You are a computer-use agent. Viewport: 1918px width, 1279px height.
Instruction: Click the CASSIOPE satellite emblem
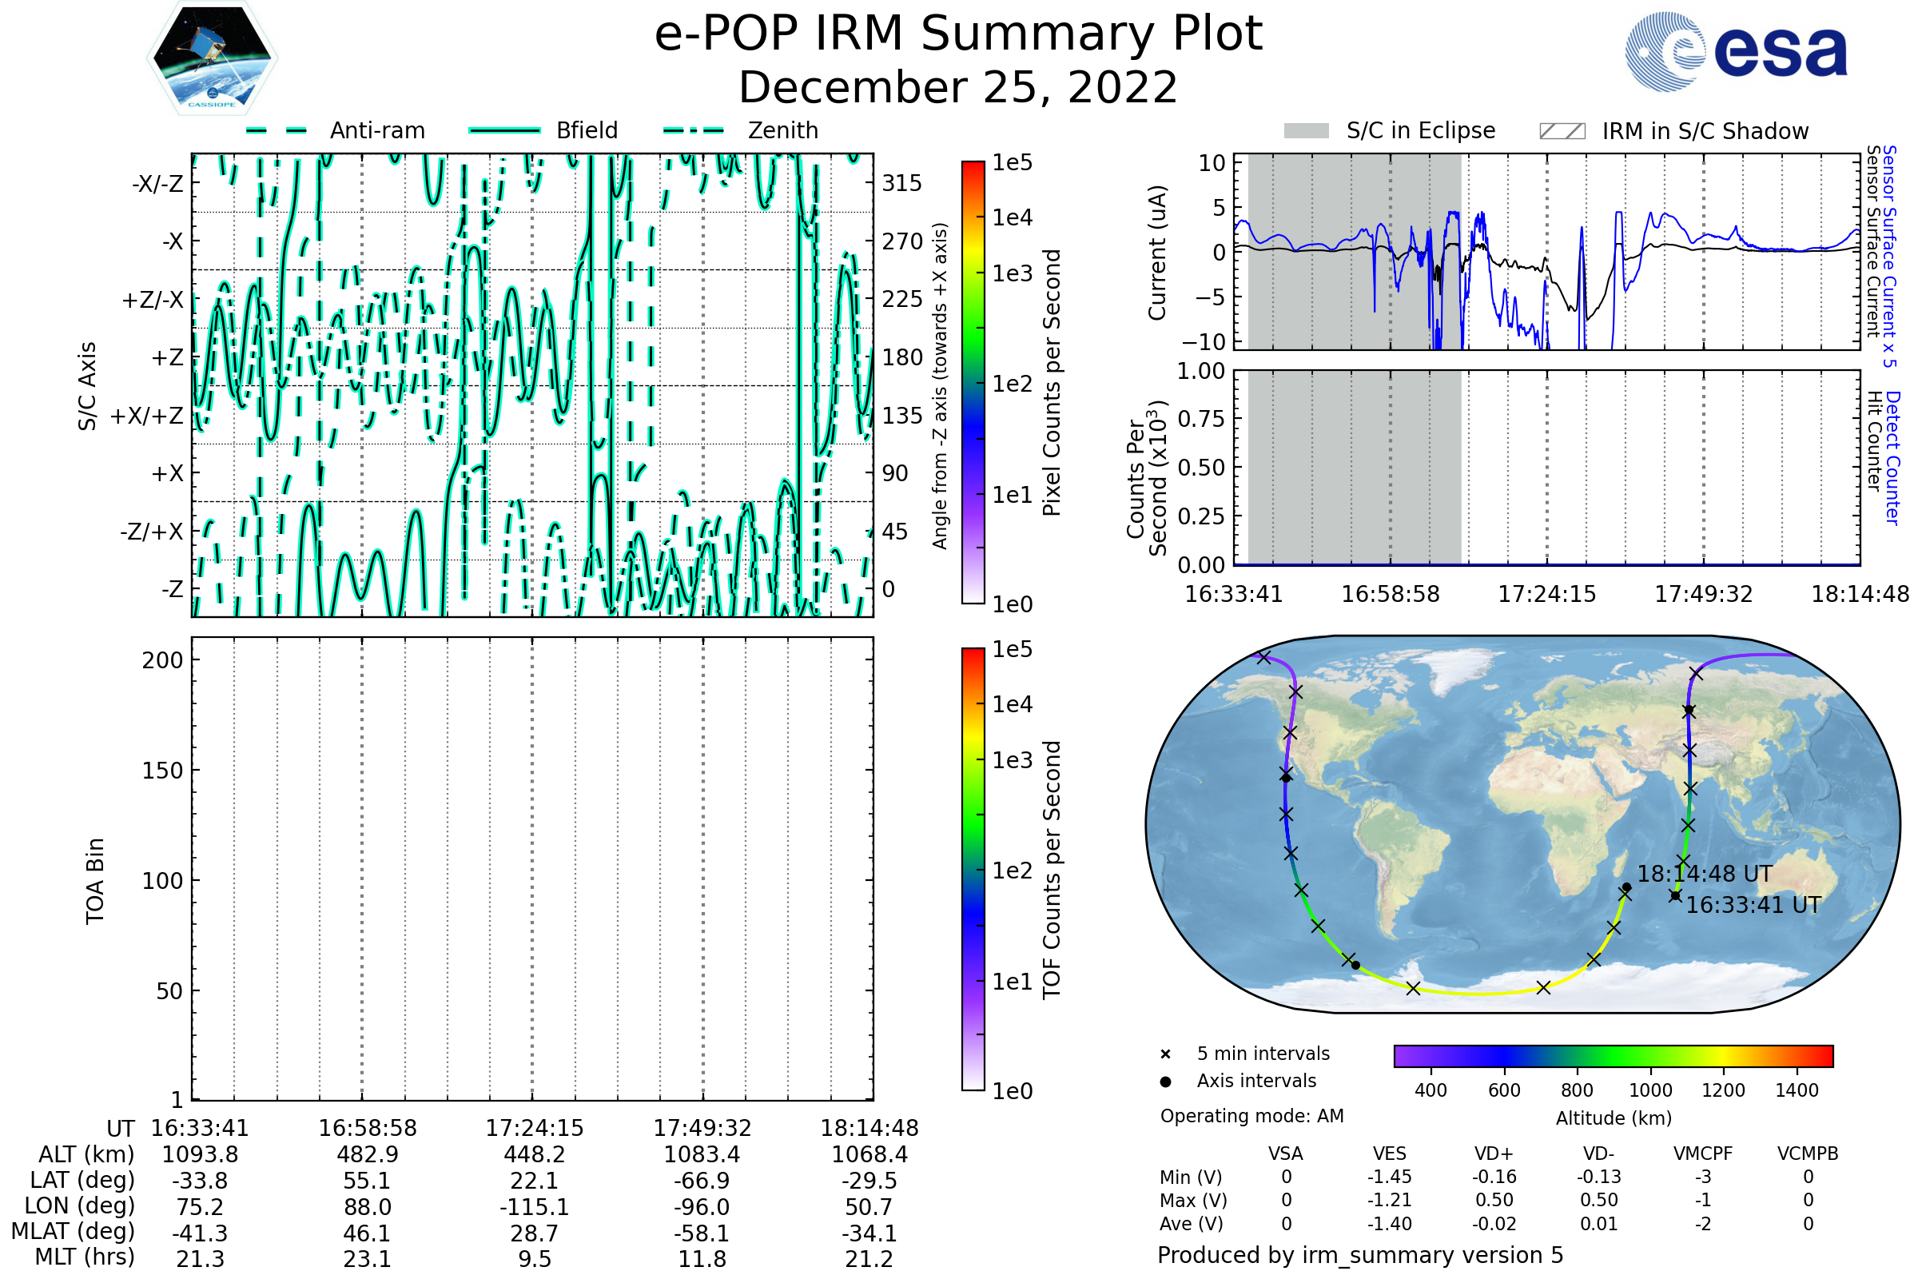click(212, 57)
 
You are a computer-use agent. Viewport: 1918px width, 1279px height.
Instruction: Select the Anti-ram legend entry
click(376, 130)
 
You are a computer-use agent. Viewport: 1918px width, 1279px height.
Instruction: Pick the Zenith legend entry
click(782, 130)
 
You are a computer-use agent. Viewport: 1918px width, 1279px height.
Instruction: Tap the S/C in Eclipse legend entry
click(1420, 130)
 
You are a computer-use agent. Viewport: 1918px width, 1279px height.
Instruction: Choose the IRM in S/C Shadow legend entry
click(1705, 131)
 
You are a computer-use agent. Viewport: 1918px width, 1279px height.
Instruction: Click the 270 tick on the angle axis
click(902, 241)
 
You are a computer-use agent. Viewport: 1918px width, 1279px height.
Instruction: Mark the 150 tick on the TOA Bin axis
click(162, 771)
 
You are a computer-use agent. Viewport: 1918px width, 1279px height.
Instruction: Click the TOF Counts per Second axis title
click(1052, 870)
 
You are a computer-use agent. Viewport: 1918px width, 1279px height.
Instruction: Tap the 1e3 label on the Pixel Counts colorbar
click(1012, 273)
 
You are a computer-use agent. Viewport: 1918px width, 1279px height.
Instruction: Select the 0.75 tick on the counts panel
click(1201, 419)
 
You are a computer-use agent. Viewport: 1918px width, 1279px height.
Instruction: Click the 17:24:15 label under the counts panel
click(1546, 594)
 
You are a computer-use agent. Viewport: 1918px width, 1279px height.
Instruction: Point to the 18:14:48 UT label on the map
click(1705, 875)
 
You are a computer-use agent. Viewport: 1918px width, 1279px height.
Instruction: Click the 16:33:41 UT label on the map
click(1753, 906)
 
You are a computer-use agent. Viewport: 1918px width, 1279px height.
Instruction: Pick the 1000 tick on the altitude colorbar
click(1649, 1090)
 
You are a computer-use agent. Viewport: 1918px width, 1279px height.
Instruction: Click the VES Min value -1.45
click(1389, 1177)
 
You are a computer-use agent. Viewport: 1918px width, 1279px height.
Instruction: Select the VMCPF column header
click(1703, 1153)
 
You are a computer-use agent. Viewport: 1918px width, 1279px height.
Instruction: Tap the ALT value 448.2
click(534, 1154)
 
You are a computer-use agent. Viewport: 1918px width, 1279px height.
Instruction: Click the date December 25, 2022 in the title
click(958, 87)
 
